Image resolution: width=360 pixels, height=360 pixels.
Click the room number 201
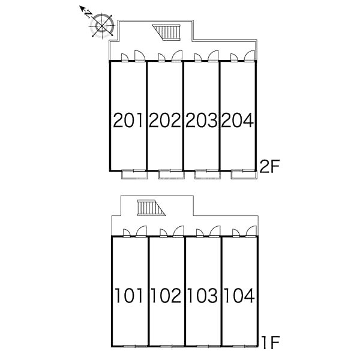tap(128, 120)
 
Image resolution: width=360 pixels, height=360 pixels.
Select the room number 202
tap(165, 120)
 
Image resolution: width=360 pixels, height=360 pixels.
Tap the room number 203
tap(202, 120)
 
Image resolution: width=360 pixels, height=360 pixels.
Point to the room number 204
tap(238, 120)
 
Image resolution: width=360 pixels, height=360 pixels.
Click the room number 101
tap(129, 295)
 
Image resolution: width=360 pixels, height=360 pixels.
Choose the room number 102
tap(166, 295)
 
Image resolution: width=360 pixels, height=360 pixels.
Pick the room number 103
tap(203, 295)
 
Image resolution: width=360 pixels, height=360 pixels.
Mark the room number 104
tap(239, 295)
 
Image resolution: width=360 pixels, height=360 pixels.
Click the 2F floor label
tap(269, 166)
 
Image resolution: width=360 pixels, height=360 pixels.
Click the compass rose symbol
tap(102, 25)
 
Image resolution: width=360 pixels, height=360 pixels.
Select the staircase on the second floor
tap(166, 32)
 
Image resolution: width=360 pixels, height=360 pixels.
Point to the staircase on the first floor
tap(151, 208)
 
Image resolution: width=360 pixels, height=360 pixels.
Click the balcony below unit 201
tap(134, 175)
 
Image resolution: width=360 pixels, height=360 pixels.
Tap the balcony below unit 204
tap(244, 175)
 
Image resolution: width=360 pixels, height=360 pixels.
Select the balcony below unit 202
tap(171, 175)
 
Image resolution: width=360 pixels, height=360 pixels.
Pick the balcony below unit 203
tap(208, 175)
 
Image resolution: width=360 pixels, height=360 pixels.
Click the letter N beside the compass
tap(88, 15)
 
